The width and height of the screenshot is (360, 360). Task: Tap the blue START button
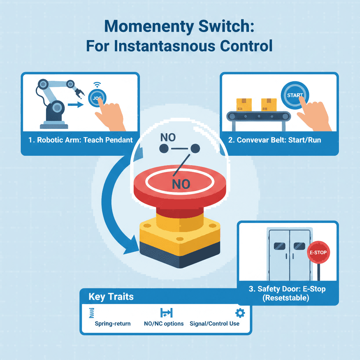(295, 95)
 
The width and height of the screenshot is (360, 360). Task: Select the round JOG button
(98, 98)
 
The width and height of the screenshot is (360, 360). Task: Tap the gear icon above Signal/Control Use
(240, 313)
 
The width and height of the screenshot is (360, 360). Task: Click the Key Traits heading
(111, 296)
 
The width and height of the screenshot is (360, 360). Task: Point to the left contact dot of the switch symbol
(164, 149)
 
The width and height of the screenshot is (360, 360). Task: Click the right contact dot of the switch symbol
(195, 149)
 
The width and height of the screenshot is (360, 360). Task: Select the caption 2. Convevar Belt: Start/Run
(274, 140)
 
